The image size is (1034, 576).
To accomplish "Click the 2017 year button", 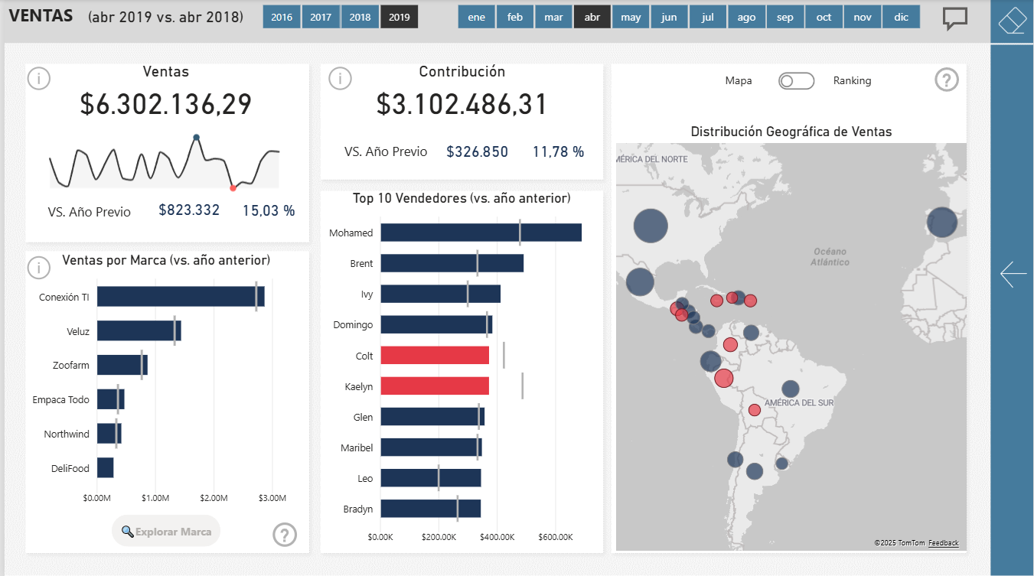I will pos(321,17).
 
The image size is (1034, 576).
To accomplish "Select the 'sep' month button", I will pos(784,17).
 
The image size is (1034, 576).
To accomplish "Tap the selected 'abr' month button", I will pos(592,17).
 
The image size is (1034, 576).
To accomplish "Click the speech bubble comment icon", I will pos(954,18).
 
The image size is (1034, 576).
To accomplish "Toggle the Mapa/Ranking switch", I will pos(796,81).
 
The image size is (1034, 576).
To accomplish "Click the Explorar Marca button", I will pos(166,532).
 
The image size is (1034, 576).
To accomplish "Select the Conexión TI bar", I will pos(180,297).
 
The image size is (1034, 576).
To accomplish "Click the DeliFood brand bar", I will pos(106,468).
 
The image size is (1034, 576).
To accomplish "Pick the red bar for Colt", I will pos(434,356).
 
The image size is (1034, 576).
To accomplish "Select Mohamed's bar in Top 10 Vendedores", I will pos(481,233).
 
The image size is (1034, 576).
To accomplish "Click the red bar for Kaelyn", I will pos(434,386).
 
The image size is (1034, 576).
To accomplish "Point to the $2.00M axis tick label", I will pos(214,499).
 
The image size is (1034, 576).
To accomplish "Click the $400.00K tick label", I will pos(497,537).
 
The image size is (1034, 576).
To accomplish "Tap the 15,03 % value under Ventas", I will pos(269,211).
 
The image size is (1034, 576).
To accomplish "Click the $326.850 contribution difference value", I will pos(477,152).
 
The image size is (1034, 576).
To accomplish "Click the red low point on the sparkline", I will pos(233,188).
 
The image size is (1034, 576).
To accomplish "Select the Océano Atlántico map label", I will pos(830,257).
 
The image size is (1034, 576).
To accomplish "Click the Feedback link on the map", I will pos(943,543).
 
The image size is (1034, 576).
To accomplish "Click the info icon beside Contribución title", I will pos(340,78).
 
